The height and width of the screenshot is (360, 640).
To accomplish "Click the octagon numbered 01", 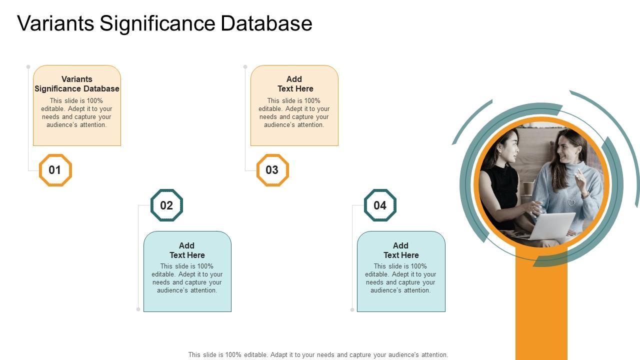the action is [x=55, y=170].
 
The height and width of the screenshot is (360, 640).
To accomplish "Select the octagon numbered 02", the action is [x=166, y=205].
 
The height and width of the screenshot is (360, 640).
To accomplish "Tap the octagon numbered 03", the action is [x=272, y=170].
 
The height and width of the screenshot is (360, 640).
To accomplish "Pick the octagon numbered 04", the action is [x=380, y=205].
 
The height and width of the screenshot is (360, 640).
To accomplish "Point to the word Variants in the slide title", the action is [x=55, y=23].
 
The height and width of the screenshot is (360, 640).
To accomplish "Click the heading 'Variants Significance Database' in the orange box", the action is [x=77, y=84].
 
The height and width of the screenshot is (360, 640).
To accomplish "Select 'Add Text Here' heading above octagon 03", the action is [x=295, y=84].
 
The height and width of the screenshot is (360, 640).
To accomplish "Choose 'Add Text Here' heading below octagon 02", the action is [x=187, y=250].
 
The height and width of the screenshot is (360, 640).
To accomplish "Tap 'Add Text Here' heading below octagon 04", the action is [x=401, y=250].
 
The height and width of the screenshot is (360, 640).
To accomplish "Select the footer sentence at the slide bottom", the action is [x=318, y=355].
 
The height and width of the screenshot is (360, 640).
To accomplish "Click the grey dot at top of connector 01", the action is [x=28, y=66].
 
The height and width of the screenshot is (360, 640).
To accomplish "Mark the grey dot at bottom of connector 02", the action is [x=138, y=309].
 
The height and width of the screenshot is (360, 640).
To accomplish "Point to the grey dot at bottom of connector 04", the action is [x=352, y=310].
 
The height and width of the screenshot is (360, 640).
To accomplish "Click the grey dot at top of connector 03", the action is [x=245, y=66].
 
